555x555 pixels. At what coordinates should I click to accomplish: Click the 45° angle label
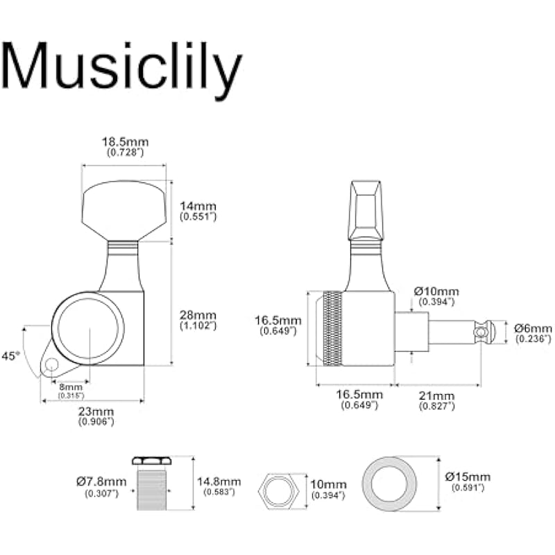[10, 356]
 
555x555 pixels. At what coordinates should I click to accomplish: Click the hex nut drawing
[279, 491]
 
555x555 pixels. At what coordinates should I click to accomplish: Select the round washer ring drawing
[389, 484]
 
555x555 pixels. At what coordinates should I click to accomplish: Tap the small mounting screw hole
[51, 364]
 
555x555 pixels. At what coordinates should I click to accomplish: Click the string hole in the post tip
[479, 332]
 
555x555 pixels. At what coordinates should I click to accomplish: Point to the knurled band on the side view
[333, 328]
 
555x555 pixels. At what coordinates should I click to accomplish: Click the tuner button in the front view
[124, 211]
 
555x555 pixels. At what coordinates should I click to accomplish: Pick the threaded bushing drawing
[152, 484]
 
